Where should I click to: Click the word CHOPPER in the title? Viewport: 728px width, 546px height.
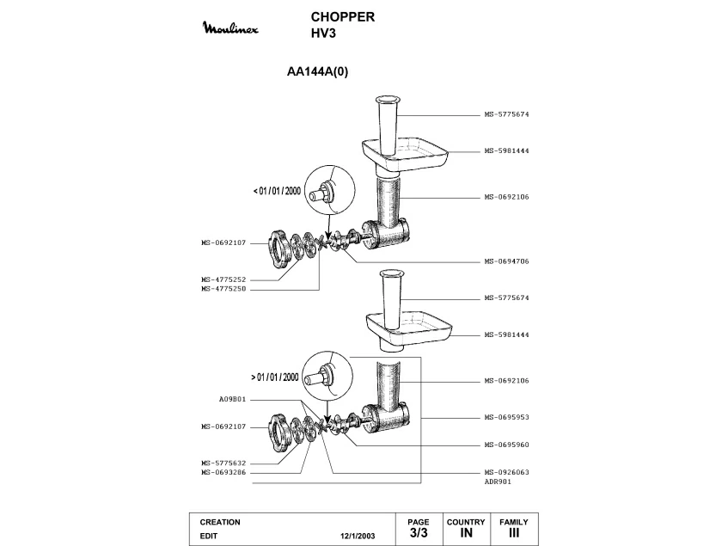pos(342,17)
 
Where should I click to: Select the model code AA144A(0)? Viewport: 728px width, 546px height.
pos(317,73)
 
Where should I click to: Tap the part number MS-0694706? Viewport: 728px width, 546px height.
pos(505,261)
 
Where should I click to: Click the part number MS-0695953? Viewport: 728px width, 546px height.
pos(505,416)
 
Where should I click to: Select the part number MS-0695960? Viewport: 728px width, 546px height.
pos(505,445)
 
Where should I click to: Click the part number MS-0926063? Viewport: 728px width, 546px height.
pos(505,472)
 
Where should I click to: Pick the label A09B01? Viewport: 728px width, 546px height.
pos(232,399)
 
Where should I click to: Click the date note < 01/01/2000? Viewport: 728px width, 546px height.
pos(277,191)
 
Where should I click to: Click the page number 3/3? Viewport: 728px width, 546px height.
pos(419,534)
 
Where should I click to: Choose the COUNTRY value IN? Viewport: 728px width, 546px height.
pos(465,534)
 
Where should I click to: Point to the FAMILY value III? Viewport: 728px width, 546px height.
pos(513,534)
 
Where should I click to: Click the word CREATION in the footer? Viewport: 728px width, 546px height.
pos(220,522)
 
